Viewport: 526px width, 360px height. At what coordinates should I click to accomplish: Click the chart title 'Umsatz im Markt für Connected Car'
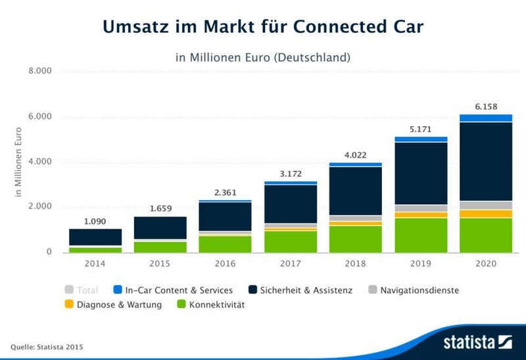pyautogui.click(x=263, y=27)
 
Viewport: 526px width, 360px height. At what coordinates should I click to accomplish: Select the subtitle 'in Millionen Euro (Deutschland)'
pyautogui.click(x=263, y=58)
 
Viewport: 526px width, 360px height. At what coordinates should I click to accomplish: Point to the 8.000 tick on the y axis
pyautogui.click(x=39, y=72)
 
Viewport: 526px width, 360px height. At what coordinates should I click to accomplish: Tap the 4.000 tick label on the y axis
pyautogui.click(x=39, y=162)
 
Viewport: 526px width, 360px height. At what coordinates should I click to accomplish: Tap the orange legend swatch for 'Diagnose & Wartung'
pyautogui.click(x=70, y=305)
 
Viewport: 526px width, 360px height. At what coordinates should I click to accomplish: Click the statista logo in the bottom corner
pyautogui.click(x=477, y=342)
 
